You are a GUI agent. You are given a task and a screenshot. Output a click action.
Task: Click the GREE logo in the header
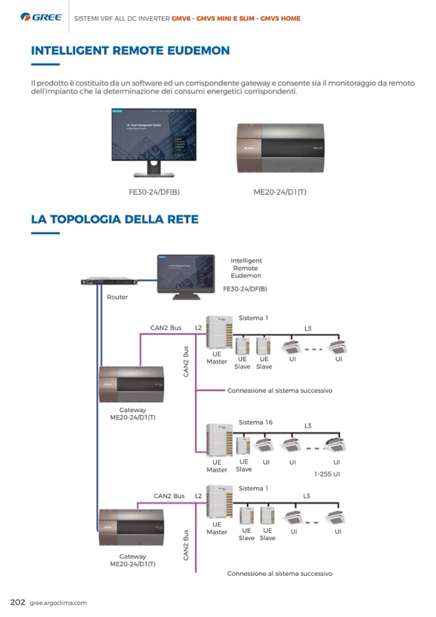(x=42, y=17)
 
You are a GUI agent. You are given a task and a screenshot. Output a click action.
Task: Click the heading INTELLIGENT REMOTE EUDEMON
(x=130, y=50)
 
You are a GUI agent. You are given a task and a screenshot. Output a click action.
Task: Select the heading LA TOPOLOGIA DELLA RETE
(x=114, y=219)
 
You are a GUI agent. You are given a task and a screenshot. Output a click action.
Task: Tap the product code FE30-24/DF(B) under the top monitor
(x=154, y=192)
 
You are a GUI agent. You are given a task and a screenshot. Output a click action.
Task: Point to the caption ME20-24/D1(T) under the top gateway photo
(x=280, y=192)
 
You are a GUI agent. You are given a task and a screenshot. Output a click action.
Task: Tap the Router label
(x=117, y=297)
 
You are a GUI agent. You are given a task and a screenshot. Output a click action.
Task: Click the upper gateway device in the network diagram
(x=131, y=384)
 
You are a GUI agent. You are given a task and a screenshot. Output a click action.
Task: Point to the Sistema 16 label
(x=255, y=423)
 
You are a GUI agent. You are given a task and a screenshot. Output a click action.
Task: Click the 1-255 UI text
(x=327, y=474)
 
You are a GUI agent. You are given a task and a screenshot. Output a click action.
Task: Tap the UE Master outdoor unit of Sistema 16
(x=217, y=439)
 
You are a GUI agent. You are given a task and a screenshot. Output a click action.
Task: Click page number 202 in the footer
(x=17, y=602)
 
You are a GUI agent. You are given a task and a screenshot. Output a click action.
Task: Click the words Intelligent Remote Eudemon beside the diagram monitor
(x=246, y=268)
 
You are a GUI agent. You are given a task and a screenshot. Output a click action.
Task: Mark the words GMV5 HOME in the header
(x=280, y=19)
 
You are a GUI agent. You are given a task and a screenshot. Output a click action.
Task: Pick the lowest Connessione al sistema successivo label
(x=279, y=573)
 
